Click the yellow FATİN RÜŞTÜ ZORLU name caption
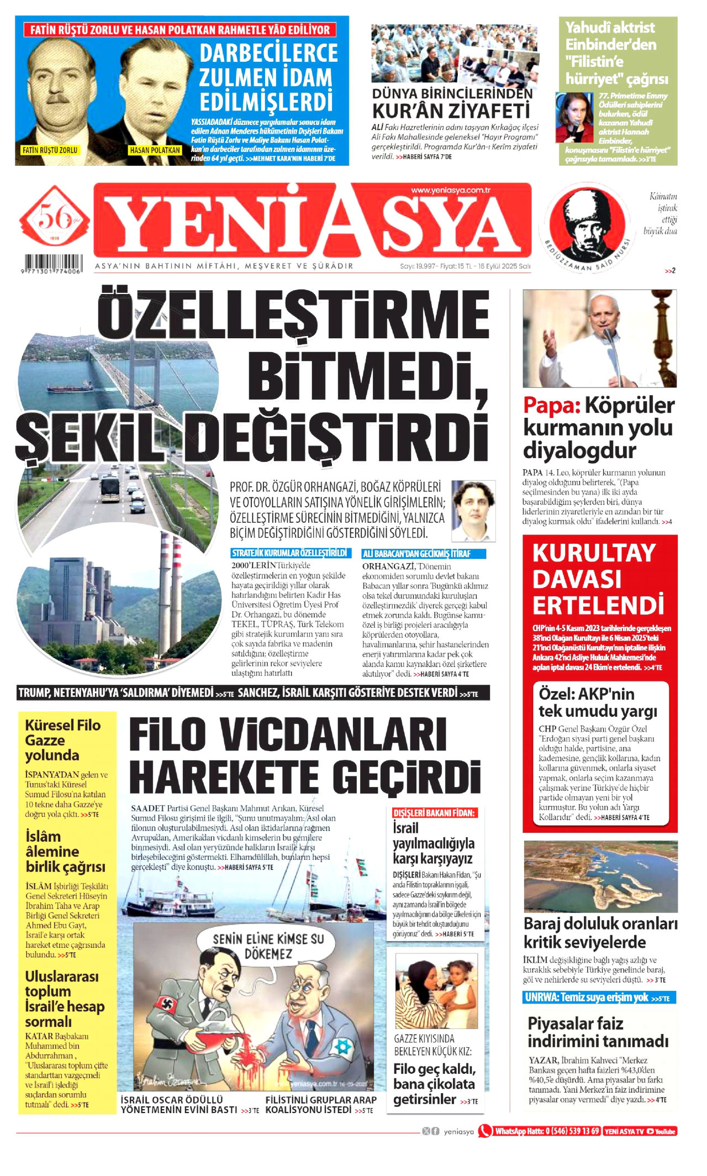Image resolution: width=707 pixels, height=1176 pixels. click(50, 150)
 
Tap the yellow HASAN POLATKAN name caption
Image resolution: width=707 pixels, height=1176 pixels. click(155, 150)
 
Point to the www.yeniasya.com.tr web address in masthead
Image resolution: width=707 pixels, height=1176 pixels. click(451, 190)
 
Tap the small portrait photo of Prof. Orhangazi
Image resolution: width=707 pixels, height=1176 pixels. click(473, 511)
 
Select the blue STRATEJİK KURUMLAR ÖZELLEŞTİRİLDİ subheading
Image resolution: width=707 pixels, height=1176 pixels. click(289, 553)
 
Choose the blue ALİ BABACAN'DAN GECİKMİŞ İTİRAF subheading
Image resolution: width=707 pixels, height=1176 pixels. click(423, 554)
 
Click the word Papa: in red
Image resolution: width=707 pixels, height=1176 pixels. click(551, 406)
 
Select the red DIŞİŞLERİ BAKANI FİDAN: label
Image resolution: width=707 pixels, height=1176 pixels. click(434, 813)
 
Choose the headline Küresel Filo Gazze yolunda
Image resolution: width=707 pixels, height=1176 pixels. click(63, 740)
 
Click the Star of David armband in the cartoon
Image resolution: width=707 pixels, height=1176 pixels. click(343, 1046)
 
